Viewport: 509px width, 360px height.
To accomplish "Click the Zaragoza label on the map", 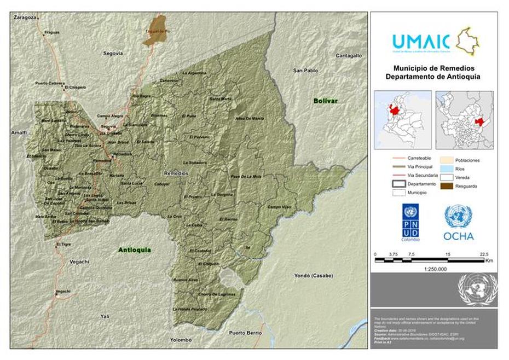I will coord(26,18).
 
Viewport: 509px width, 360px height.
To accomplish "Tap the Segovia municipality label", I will coord(113,53).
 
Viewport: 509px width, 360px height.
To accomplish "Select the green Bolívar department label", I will coord(326,101).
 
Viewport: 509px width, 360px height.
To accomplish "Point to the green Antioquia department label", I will coord(135,250).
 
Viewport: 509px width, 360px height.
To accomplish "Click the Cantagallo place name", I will coord(349,55).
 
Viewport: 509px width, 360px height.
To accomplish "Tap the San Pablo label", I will coord(305,71).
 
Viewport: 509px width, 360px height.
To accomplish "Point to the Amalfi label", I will coord(19,133).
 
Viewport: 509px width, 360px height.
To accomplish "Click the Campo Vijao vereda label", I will coord(279,207).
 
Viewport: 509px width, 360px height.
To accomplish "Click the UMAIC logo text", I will coord(421,42).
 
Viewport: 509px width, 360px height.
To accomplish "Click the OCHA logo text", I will coord(459,236).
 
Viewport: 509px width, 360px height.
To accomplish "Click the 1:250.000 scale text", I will coord(435,269).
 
